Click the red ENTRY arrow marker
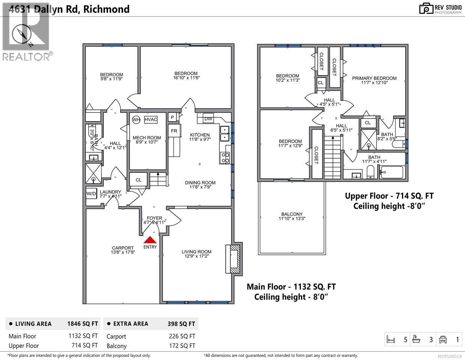point(150,240)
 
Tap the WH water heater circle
point(136,120)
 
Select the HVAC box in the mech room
point(150,120)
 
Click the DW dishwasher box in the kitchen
point(208,119)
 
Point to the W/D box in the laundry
point(91,194)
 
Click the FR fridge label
point(174,131)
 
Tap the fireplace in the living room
point(234,259)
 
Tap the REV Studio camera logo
point(426,9)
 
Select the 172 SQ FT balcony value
point(182,346)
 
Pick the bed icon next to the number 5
point(391,340)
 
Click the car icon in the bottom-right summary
point(443,340)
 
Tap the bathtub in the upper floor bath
point(391,172)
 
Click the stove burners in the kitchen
point(225,158)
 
